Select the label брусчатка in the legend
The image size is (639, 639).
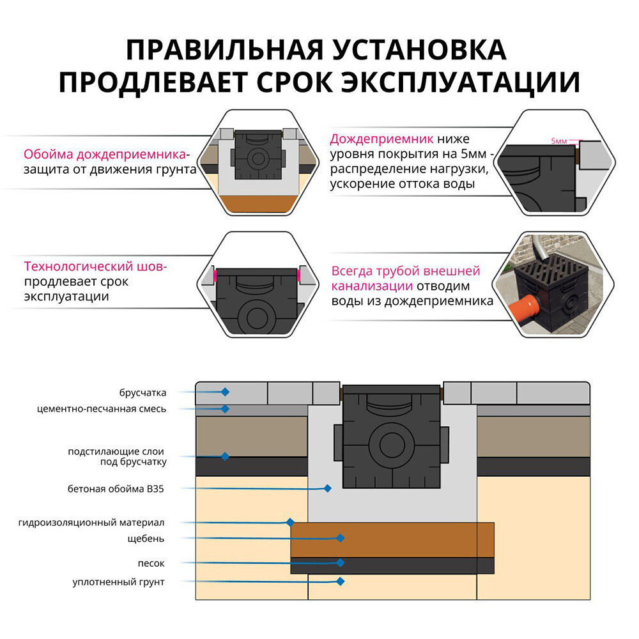(142, 392)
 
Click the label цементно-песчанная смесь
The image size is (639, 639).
(102, 409)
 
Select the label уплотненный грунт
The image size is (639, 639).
(118, 582)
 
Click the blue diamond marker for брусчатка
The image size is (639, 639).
(225, 391)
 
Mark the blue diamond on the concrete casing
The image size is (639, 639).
(327, 488)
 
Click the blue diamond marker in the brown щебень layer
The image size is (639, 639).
(341, 539)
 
